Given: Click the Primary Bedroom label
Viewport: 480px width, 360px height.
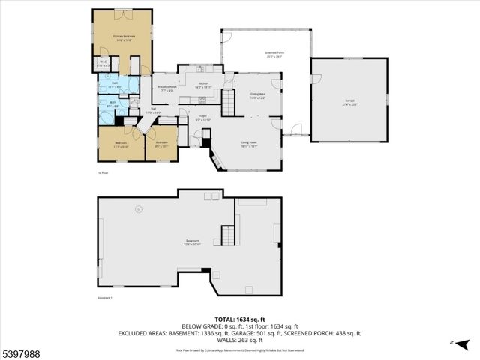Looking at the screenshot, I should coord(123,37).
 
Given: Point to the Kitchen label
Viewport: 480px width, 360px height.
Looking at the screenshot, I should coord(203,85).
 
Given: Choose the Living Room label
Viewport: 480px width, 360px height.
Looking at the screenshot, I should coord(248,144).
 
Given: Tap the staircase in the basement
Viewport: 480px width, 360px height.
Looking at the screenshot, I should coord(227,236).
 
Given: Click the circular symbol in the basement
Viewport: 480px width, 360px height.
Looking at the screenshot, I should coord(137,209).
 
